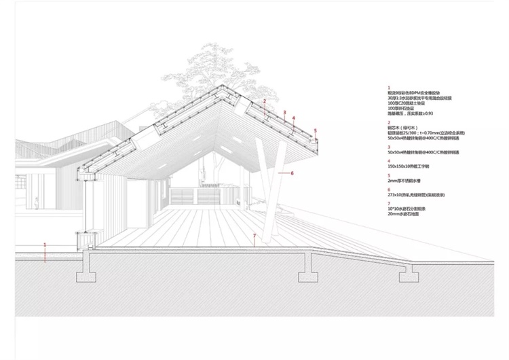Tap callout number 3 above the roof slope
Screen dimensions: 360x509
pyautogui.click(x=284, y=113)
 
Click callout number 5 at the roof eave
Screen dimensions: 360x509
pyautogui.click(x=316, y=130)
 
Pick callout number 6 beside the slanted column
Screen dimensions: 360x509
pyautogui.click(x=291, y=173)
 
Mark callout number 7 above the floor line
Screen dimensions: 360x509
pyautogui.click(x=254, y=236)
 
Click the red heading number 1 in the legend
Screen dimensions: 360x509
pyautogui.click(x=388, y=88)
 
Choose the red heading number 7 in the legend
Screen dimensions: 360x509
pyautogui.click(x=388, y=204)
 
